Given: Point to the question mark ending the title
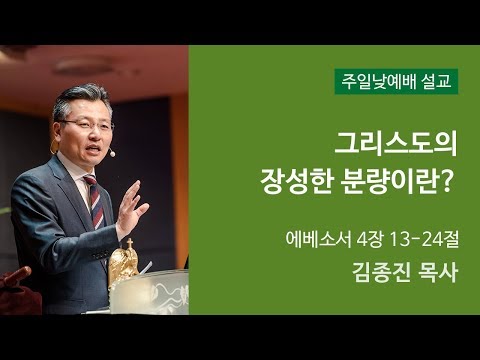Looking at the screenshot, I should [x=449, y=182].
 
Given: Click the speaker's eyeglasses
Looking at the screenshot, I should [x=88, y=124].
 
